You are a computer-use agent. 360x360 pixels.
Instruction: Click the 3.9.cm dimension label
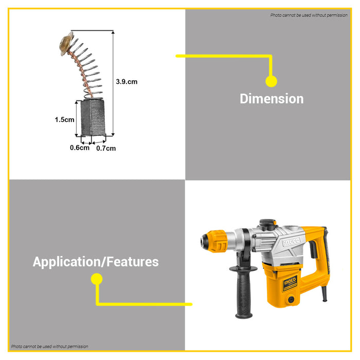coord(127,82)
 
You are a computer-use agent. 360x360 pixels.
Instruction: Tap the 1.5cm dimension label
coord(64,120)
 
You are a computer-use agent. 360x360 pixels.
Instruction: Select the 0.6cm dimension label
coord(80,148)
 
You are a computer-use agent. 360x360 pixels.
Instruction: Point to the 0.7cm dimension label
coord(106,148)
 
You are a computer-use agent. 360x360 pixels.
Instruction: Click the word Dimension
coord(272,99)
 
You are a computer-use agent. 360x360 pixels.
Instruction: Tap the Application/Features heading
coord(96,262)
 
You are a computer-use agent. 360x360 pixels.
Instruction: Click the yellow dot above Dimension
coord(271,81)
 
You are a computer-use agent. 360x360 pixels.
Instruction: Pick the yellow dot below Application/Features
coord(97,279)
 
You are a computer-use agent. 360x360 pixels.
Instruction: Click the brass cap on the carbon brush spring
coord(66,44)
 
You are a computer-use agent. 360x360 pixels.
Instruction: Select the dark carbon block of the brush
coord(93,118)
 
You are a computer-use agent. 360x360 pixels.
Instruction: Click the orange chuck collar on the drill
coord(217,241)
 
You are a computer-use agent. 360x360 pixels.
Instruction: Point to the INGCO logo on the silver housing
coord(292,242)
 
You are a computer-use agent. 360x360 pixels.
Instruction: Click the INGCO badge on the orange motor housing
coord(290,283)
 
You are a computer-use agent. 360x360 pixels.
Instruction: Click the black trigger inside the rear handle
coord(313,249)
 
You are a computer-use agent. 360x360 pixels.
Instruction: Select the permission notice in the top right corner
coord(309,15)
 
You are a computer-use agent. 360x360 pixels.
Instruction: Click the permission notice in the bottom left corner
coord(49,347)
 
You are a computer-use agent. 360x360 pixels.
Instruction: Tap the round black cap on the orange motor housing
coord(291,299)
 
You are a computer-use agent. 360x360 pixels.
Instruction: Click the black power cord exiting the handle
coord(324,294)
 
